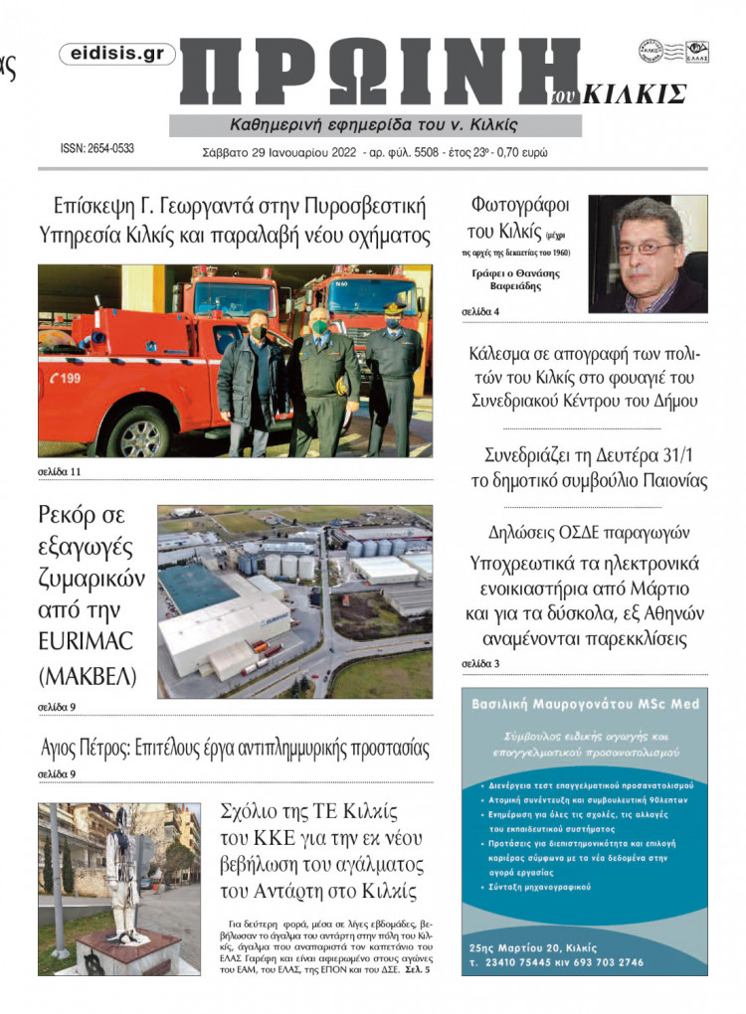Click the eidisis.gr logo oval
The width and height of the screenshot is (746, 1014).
[x=117, y=55]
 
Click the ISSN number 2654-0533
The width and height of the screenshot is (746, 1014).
[x=97, y=148]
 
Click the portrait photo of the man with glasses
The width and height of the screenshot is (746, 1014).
[x=648, y=253]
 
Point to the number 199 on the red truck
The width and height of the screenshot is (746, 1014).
[x=68, y=378]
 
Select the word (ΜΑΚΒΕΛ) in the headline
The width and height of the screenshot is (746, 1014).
[x=86, y=677]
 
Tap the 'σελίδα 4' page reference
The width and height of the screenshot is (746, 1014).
[x=480, y=312]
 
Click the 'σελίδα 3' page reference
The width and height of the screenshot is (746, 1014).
[x=480, y=663]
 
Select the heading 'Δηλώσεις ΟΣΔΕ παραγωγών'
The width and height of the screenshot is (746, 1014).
[x=588, y=531]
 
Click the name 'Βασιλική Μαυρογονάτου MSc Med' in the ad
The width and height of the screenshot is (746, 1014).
[x=585, y=704]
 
